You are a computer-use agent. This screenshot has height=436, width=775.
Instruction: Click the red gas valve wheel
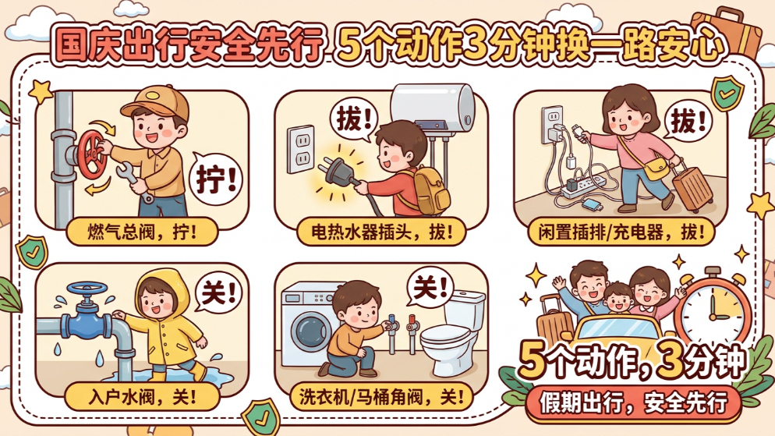[90, 154]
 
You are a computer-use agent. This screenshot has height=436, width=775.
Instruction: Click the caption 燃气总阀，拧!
[143, 232]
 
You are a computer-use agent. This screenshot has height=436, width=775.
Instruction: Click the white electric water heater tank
[433, 108]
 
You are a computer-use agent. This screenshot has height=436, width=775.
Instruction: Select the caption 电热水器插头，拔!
[381, 232]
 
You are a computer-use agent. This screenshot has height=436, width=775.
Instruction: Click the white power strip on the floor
[584, 187]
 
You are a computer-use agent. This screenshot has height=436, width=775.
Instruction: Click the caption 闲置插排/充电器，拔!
[621, 232]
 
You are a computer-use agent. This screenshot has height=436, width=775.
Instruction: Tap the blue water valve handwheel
[87, 288]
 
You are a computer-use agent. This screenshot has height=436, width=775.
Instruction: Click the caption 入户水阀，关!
[143, 396]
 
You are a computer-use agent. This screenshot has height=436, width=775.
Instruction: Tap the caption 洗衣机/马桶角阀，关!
[381, 396]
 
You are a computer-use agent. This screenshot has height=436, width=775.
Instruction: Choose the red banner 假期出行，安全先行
[633, 403]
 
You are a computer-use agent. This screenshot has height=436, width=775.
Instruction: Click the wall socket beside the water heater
[301, 149]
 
